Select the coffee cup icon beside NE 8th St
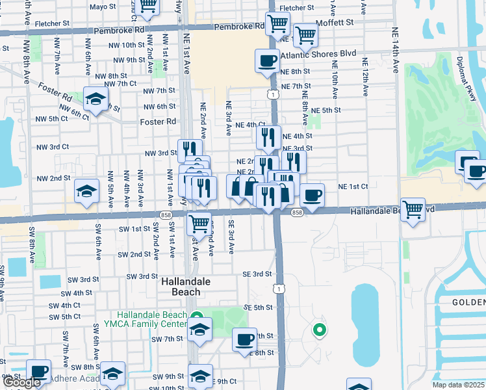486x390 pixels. (x=266, y=61)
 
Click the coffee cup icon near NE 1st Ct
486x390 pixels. (x=312, y=195)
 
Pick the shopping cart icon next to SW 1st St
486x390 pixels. (x=199, y=224)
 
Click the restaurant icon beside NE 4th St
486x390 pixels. (x=268, y=138)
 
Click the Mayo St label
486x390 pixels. (x=102, y=7)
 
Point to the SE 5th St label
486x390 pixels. (x=257, y=307)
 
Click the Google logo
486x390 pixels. (x=21, y=382)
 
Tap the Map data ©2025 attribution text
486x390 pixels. (x=458, y=385)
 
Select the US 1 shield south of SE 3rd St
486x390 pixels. (x=279, y=287)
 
